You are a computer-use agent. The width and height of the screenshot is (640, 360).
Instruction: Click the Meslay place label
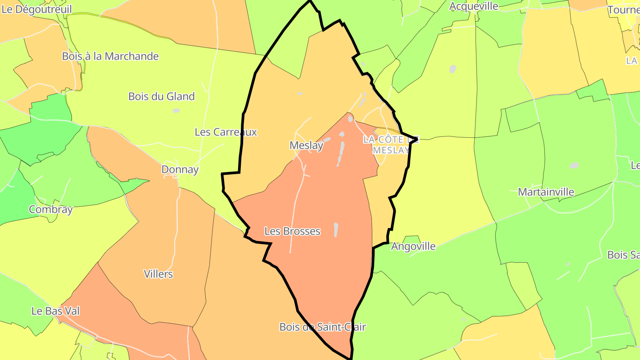[x=306, y=145]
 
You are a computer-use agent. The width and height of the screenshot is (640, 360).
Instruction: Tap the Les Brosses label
[x=292, y=231]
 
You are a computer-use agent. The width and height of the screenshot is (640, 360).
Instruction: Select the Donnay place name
[x=180, y=169]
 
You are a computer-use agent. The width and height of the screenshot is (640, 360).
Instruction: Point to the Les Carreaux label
[x=226, y=132]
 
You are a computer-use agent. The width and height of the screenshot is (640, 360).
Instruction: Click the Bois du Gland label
[x=161, y=96]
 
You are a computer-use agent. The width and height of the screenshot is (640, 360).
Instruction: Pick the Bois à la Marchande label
[x=110, y=56]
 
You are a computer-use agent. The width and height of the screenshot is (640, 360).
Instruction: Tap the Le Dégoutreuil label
[x=36, y=9]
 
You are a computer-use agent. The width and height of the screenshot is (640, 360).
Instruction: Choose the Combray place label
[x=51, y=209]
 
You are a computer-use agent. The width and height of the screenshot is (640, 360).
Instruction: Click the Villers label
[x=158, y=274]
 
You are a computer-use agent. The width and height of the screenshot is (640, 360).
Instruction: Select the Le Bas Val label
[x=56, y=311]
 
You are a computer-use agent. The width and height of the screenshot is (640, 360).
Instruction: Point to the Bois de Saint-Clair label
[x=322, y=327]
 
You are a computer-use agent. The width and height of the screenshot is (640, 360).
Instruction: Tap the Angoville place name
[x=413, y=246]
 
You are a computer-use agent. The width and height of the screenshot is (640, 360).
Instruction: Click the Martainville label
[x=546, y=192]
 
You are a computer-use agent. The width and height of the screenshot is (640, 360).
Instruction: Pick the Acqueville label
[x=474, y=6]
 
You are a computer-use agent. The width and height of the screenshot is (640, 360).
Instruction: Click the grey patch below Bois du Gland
[x=176, y=110]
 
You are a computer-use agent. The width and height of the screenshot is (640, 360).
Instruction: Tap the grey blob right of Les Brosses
[x=336, y=229]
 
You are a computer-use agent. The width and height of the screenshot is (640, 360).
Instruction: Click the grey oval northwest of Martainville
[x=574, y=165]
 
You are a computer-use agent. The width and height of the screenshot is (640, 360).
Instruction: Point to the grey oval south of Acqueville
[x=452, y=69]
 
